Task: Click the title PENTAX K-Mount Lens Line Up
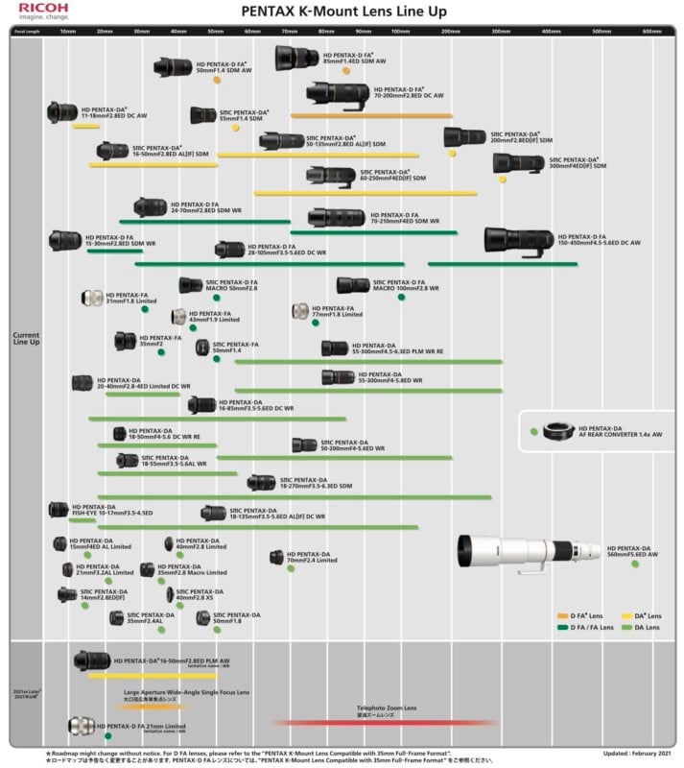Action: tap(342, 11)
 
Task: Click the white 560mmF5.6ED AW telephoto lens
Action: tap(529, 551)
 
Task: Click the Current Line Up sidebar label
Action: tap(26, 339)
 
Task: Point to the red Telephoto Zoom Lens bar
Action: tap(384, 722)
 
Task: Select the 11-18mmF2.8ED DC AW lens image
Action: tap(62, 112)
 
